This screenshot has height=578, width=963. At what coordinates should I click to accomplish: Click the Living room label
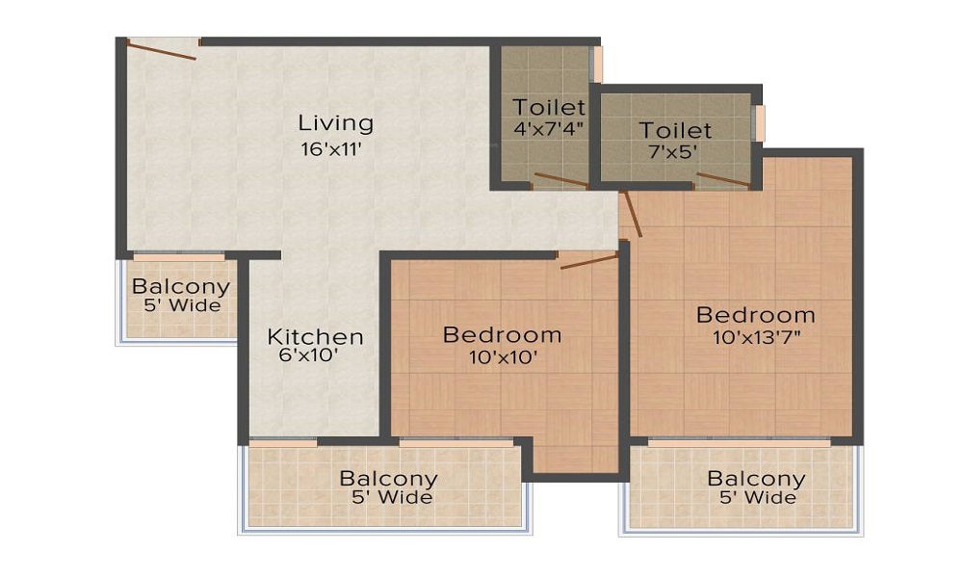click(335, 124)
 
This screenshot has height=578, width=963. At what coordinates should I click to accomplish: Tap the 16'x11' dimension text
click(331, 149)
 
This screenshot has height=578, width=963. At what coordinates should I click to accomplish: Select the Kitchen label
click(315, 336)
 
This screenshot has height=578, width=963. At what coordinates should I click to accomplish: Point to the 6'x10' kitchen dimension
click(309, 355)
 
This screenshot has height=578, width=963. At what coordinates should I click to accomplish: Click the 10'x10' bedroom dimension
click(504, 357)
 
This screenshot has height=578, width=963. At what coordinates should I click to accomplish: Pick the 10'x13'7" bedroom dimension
click(757, 337)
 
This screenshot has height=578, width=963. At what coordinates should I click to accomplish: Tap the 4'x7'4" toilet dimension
click(548, 129)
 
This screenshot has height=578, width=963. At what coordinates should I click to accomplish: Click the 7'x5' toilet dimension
click(674, 151)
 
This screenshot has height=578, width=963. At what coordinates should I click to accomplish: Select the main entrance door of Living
click(162, 49)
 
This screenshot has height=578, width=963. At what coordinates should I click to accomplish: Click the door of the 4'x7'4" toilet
click(561, 180)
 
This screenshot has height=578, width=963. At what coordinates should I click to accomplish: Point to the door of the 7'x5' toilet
click(723, 179)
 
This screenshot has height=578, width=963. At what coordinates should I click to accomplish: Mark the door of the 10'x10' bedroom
click(589, 261)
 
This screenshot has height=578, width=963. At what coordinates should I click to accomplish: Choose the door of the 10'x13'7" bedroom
click(632, 214)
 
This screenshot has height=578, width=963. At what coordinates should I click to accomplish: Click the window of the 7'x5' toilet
click(760, 123)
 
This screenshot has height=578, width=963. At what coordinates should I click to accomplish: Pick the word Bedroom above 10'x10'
click(503, 335)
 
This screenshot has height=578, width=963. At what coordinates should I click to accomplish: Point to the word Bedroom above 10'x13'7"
click(756, 315)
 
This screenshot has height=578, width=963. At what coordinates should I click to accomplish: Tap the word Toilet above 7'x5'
click(675, 130)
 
